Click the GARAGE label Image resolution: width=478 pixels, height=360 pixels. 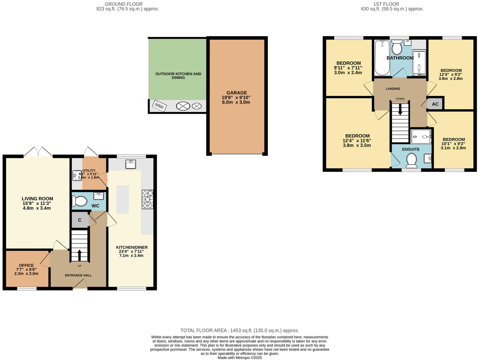pyautogui.click(x=236, y=93)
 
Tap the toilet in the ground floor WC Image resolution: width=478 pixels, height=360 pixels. pyautogui.click(x=80, y=201)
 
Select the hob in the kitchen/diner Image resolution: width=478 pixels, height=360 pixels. pyautogui.click(x=148, y=199)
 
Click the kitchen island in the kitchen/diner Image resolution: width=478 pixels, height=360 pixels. pyautogui.click(x=122, y=199)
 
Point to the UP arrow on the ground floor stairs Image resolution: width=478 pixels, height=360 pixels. pyautogui.click(x=79, y=255)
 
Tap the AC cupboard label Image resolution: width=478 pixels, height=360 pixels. pyautogui.click(x=435, y=104)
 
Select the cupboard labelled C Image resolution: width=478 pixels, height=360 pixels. pyautogui.click(x=80, y=220)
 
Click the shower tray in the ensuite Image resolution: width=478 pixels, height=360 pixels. pyautogui.click(x=421, y=137)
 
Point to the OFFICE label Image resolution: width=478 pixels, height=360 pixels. pyautogui.click(x=26, y=265)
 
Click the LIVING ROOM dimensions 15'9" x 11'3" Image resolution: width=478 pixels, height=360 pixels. pyautogui.click(x=37, y=203)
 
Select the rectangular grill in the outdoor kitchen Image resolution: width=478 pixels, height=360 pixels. pyautogui.click(x=159, y=106)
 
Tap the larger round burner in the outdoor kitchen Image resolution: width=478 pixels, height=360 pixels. pyautogui.click(x=183, y=106)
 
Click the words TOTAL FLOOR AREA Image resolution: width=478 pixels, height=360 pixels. pyautogui.click(x=203, y=330)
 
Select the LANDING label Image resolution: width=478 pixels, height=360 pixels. pyautogui.click(x=393, y=89)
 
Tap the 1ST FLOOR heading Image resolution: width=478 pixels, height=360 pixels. pyautogui.click(x=386, y=4)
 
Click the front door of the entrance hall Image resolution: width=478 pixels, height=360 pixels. pyautogui.click(x=80, y=286)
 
